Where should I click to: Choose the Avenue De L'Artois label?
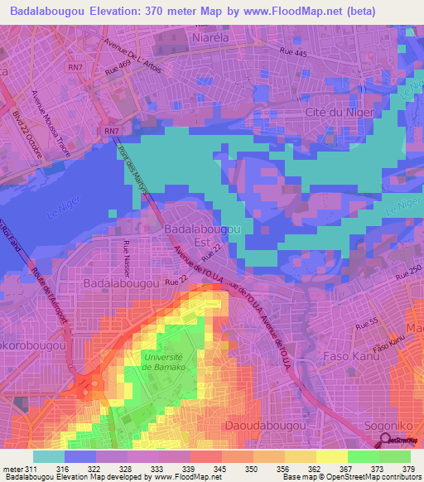132,52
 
